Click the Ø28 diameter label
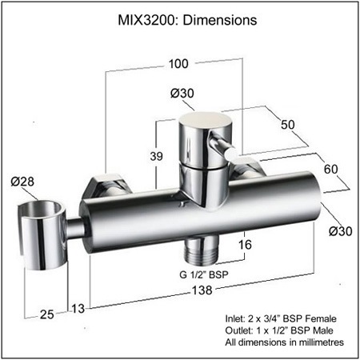click(x=22, y=183)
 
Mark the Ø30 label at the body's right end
click(x=342, y=231)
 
